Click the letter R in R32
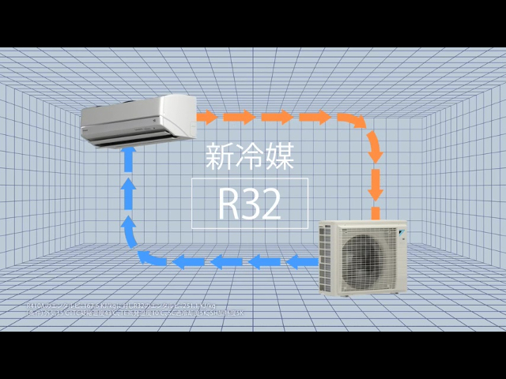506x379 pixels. pyautogui.click(x=229, y=204)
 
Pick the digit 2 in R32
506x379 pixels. pyautogui.click(x=271, y=204)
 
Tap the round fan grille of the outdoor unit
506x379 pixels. pyautogui.click(x=361, y=257)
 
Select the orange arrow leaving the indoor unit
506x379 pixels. pyautogui.click(x=207, y=118)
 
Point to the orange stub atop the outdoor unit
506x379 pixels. pyautogui.click(x=376, y=213)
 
